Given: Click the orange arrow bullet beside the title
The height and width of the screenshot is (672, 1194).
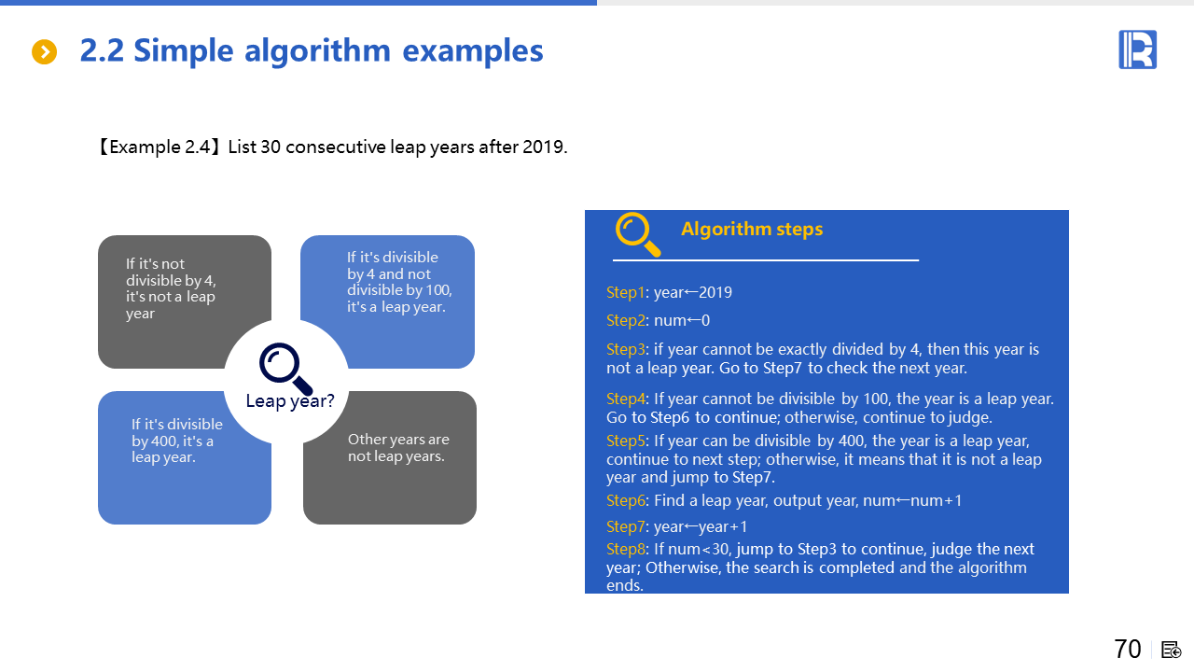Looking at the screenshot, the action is tap(44, 51).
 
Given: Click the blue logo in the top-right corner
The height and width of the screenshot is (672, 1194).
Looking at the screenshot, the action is tap(1137, 49).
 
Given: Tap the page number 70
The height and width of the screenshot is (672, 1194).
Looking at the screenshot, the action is tap(1128, 649).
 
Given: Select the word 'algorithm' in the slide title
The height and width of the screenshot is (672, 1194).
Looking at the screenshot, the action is tap(317, 51).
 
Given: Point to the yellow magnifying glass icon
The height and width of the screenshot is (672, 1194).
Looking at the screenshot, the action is tap(637, 234).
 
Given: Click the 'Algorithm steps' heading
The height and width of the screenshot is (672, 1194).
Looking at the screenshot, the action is tap(752, 229).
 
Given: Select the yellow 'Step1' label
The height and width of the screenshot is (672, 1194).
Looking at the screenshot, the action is tap(625, 292).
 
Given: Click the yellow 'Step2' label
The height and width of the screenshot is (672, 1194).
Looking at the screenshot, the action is tap(626, 320).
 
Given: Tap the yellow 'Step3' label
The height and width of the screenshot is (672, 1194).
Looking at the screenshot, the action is tap(626, 349).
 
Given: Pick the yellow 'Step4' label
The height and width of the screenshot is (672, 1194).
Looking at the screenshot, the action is tap(626, 399).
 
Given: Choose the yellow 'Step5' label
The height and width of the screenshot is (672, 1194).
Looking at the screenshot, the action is tap(626, 441).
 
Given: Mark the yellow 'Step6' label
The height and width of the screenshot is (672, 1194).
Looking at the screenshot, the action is tap(626, 501).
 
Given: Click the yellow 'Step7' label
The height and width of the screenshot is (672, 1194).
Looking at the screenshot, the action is tap(626, 527).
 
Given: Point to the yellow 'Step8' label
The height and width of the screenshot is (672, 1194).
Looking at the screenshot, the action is tap(626, 550).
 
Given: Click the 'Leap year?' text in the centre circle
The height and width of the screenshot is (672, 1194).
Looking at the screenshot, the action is tap(290, 401).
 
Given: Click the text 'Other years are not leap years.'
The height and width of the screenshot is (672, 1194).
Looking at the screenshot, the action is tap(398, 448).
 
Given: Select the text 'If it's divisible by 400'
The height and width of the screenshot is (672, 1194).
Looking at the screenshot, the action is tap(177, 432).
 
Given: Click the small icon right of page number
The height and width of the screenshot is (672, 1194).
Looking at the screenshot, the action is tap(1171, 650).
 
